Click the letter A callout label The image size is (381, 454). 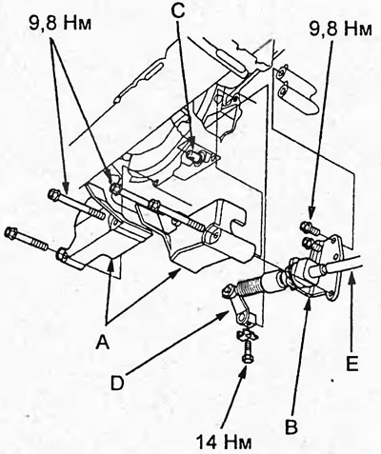click(104, 342)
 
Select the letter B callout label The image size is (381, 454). click(291, 426)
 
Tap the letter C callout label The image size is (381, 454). click(178, 12)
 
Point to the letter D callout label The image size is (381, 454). click(117, 383)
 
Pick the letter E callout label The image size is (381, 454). click(351, 364)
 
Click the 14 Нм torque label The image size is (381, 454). click(224, 442)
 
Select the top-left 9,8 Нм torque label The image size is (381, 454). click(60, 23)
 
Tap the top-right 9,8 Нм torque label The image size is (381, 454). click(340, 30)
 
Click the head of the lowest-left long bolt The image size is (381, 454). click(10, 233)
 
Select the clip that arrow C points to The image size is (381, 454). click(194, 156)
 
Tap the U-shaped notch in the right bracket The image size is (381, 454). click(237, 224)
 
